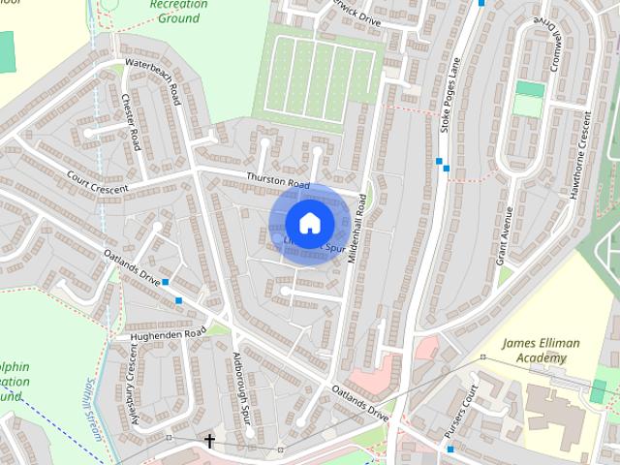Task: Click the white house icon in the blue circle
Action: coord(309,223)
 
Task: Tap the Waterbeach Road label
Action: coord(152,77)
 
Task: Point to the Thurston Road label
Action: coord(277,180)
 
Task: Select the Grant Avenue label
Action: coord(504,234)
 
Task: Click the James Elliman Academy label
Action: coord(533,351)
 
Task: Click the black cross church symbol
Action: coord(209,441)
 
